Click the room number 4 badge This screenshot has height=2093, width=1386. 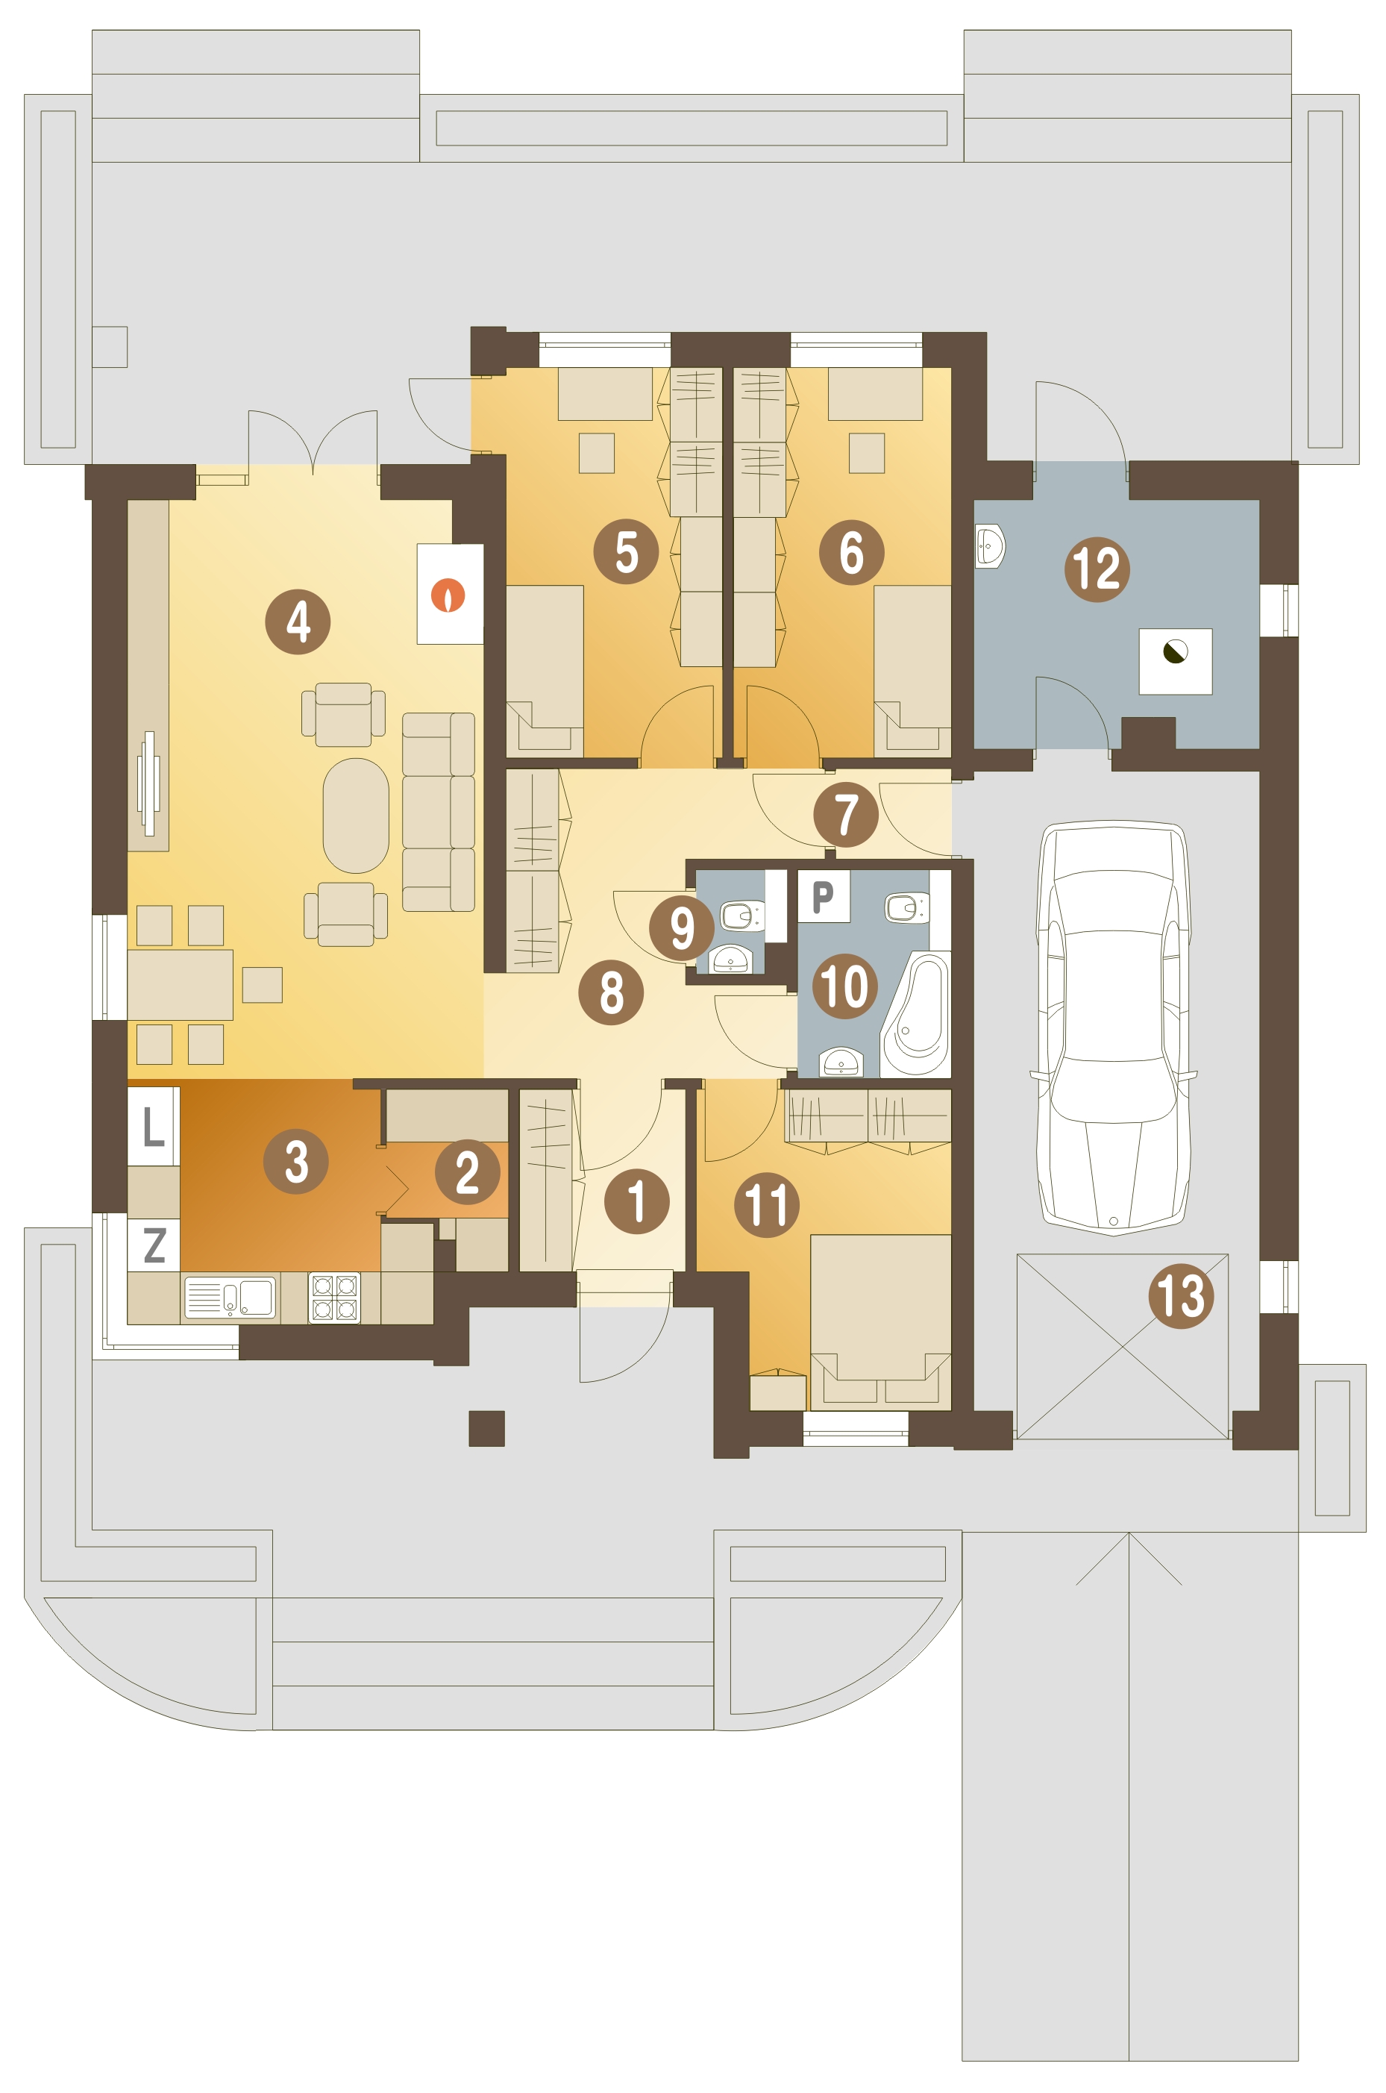coord(298,622)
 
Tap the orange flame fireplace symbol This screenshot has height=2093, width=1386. coord(448,595)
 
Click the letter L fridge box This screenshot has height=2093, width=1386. coord(154,1127)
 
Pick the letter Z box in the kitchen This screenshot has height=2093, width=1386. coord(154,1245)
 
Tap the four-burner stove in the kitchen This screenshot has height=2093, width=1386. coord(335,1297)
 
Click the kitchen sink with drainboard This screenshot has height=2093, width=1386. coord(230,1297)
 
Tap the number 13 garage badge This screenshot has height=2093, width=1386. coord(1181,1295)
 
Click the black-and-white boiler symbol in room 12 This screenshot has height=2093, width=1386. coord(1175,653)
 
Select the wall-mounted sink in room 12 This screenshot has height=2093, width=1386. coord(990,545)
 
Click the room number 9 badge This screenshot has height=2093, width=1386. coord(682,927)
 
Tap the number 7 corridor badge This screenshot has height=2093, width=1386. coord(846,814)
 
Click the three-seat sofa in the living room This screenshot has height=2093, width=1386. coord(439,812)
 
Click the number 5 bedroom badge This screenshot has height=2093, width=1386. coord(626,551)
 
